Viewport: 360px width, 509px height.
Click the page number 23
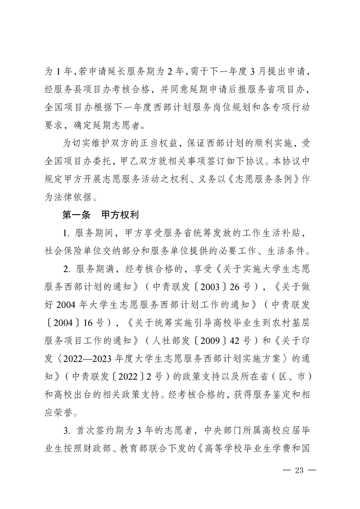(x=299, y=470)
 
